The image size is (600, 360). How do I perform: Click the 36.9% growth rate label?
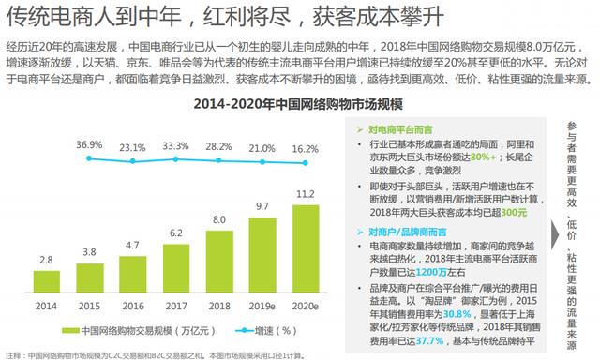pyautogui.click(x=90, y=144)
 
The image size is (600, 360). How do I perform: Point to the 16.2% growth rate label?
pyautogui.click(x=306, y=148)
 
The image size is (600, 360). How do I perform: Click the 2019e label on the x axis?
pyautogui.click(x=262, y=306)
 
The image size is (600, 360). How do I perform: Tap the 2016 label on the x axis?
pyautogui.click(x=133, y=306)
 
